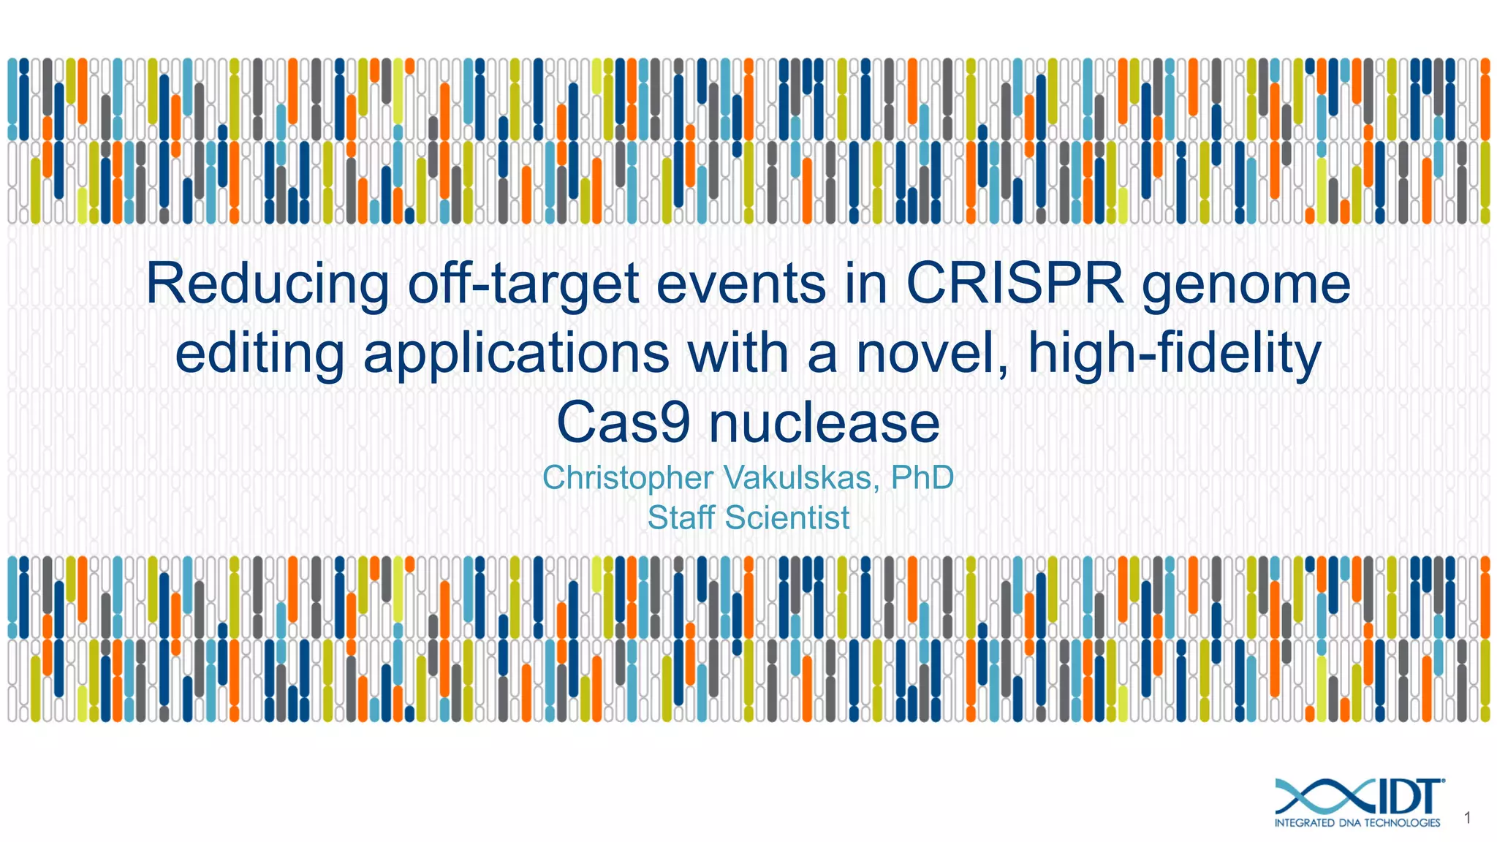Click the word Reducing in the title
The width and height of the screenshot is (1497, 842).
coord(268,285)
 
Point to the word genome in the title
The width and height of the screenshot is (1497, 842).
coord(1246,285)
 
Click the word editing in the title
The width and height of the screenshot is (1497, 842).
coord(259,354)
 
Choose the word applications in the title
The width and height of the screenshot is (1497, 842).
coord(516,354)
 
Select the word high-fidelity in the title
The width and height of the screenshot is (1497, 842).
coord(1174,354)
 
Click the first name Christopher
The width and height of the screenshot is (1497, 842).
coord(627,478)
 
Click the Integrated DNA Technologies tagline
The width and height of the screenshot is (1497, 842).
coord(1357,823)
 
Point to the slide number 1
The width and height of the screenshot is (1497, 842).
coord(1467,819)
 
